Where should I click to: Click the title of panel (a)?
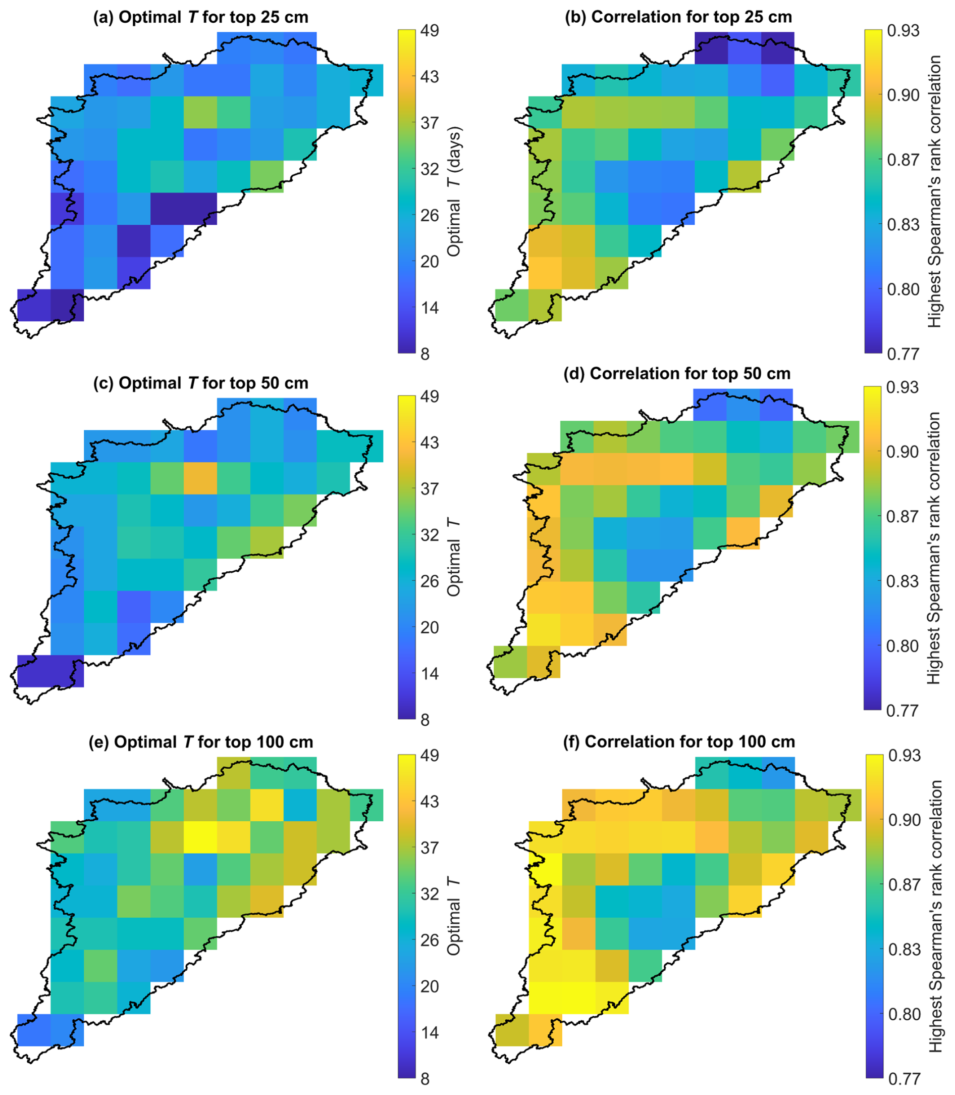click(200, 17)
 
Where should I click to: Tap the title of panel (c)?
click(200, 383)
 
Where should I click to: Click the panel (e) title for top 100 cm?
click(200, 742)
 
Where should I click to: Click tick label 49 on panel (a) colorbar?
click(430, 31)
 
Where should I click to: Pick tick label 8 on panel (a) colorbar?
click(425, 354)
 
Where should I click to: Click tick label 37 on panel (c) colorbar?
click(430, 488)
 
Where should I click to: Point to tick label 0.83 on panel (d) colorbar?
click(902, 581)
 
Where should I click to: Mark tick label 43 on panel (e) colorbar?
click(430, 801)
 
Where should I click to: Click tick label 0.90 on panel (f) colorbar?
click(905, 820)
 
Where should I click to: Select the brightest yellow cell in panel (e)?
click(200, 837)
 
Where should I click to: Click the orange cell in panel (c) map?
click(200, 478)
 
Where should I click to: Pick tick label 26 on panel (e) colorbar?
click(430, 940)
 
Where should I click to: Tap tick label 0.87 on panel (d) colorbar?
click(902, 516)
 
